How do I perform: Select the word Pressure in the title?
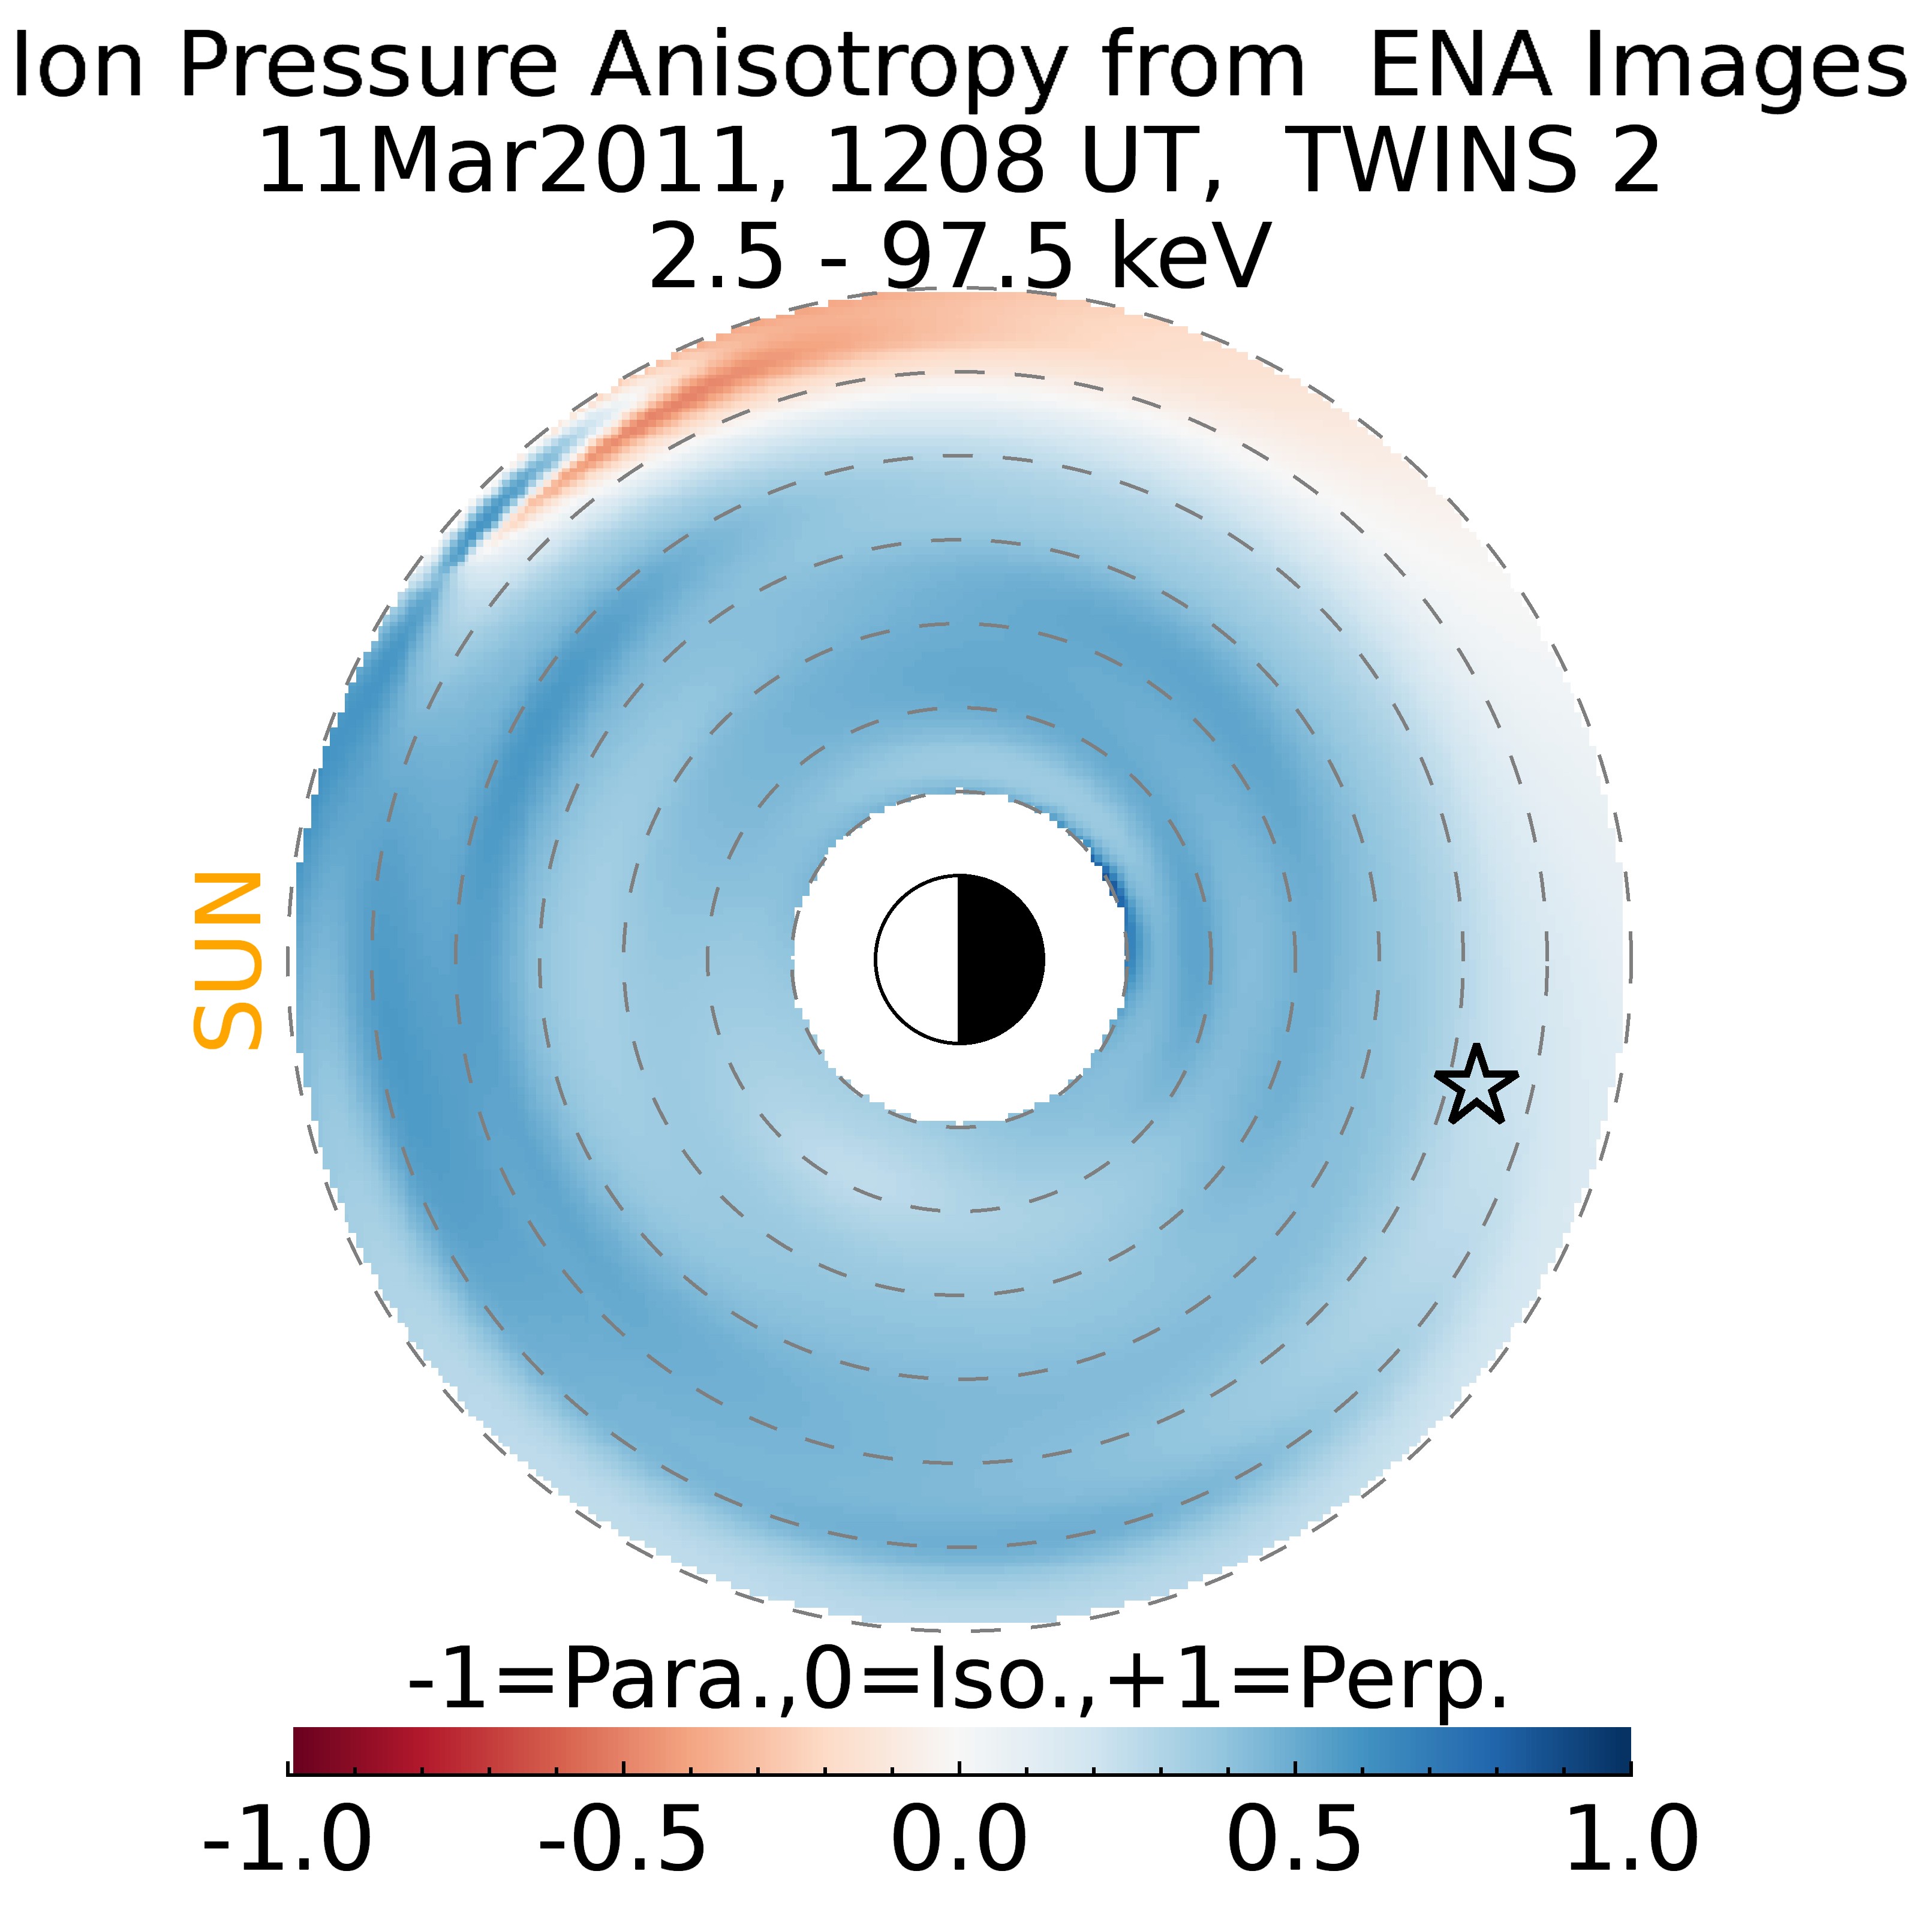(368, 68)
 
